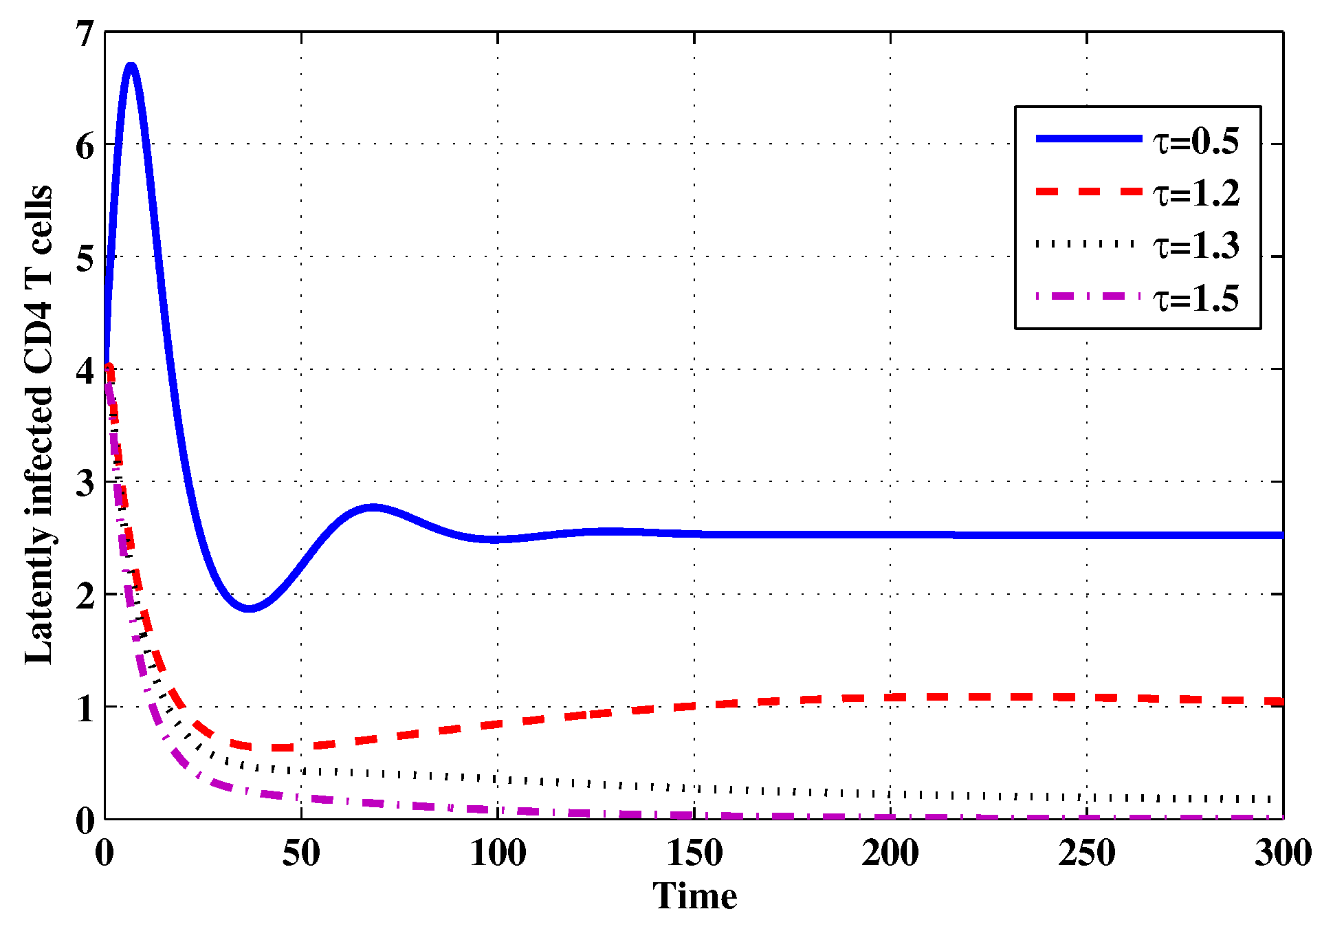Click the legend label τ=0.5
tap(1196, 141)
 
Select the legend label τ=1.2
tap(1196, 193)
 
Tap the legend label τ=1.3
tap(1196, 245)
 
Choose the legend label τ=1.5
tap(1196, 298)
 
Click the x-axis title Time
tap(694, 896)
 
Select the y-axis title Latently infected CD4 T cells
tap(38, 425)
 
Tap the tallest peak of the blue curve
tap(131, 66)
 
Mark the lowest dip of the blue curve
tap(250, 609)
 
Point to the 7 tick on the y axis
tap(85, 34)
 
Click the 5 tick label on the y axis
tap(85, 259)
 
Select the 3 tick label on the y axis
tap(85, 483)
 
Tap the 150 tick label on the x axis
tap(694, 853)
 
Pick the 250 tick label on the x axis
tap(1087, 853)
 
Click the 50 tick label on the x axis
tap(301, 853)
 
